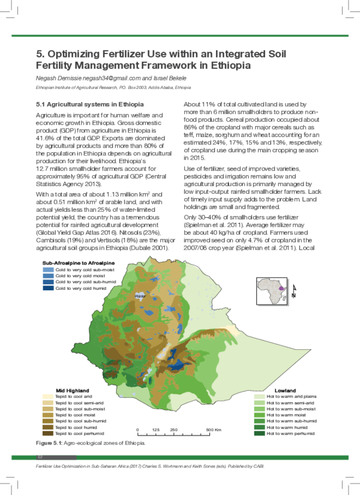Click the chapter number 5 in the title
point(40,53)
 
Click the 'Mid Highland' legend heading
point(73,390)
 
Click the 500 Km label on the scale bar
point(214,430)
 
